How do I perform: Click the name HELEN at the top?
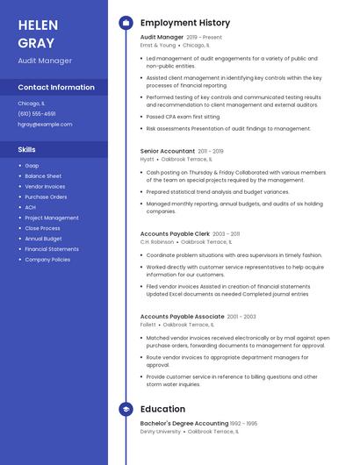tap(38, 25)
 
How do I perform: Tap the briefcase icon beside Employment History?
tap(126, 23)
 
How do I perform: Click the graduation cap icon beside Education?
tap(126, 409)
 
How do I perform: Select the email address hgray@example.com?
tap(45, 125)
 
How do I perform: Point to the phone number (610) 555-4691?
tap(37, 114)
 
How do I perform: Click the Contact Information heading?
tap(56, 88)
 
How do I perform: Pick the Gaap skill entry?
tap(32, 166)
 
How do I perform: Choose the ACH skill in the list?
tap(31, 207)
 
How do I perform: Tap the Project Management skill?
tap(52, 218)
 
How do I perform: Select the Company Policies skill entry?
tap(47, 260)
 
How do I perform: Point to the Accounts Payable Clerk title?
tap(175, 234)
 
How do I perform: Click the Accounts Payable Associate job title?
tap(182, 316)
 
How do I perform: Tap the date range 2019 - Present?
tap(204, 38)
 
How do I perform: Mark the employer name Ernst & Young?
tap(158, 45)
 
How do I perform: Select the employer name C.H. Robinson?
tap(157, 241)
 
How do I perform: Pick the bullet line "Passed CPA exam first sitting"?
tap(183, 116)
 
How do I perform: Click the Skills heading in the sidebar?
tap(27, 150)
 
